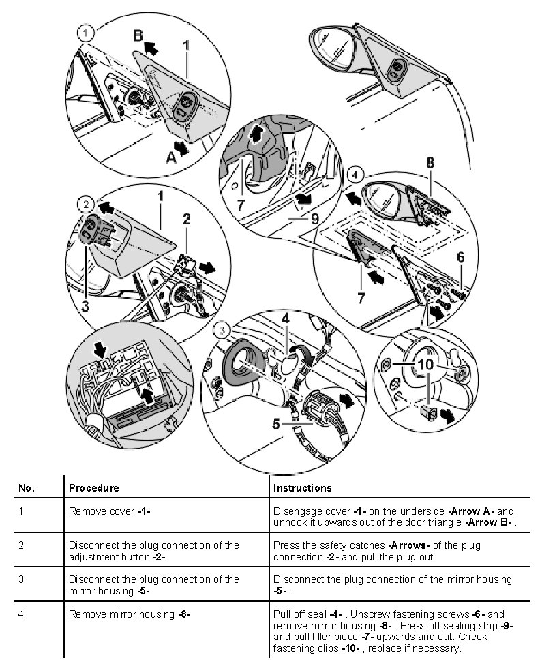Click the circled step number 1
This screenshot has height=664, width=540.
point(84,32)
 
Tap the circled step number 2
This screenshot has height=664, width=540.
point(85,204)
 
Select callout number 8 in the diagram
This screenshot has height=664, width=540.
point(431,164)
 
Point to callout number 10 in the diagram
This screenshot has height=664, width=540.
point(425,365)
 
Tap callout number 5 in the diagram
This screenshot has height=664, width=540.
point(275,423)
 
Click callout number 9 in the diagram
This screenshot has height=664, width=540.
point(314,220)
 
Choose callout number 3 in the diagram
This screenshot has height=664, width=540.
point(85,307)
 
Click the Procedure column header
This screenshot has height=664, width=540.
point(94,488)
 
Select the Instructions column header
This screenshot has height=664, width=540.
point(302,488)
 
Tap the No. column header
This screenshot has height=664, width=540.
point(26,488)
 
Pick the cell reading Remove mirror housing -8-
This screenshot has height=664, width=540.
point(130,614)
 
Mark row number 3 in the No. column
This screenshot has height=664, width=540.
point(22,579)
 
